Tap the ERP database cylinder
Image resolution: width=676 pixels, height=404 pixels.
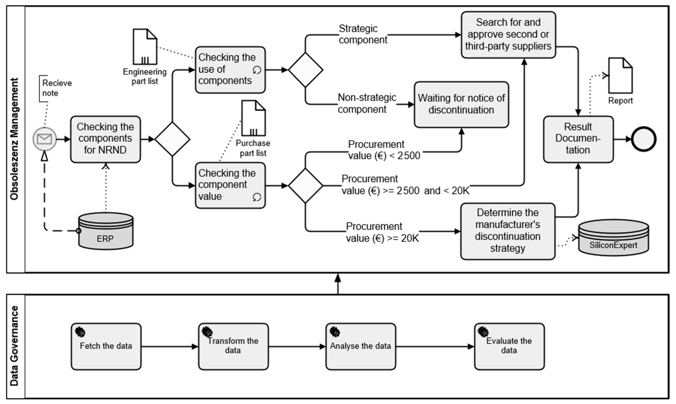(106, 231)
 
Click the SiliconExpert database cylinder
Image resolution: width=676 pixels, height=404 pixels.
(613, 238)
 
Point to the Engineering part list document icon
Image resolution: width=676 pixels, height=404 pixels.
(145, 47)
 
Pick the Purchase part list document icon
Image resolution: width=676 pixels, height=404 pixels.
(253, 118)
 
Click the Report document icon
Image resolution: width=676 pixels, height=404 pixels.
(620, 76)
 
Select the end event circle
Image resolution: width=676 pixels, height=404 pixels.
(644, 139)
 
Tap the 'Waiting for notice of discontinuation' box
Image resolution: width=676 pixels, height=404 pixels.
(461, 104)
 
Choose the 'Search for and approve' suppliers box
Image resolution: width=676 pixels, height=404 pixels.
(508, 34)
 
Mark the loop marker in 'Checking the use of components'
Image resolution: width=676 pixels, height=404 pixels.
(257, 70)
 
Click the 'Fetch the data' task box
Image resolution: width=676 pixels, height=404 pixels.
(106, 346)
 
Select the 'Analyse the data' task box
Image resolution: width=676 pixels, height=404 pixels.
(360, 346)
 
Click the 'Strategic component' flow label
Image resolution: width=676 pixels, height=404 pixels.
(363, 34)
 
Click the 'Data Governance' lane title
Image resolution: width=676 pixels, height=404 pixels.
(14, 346)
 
